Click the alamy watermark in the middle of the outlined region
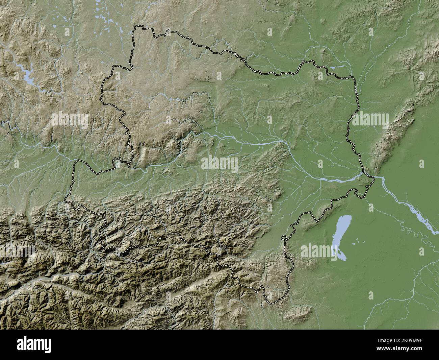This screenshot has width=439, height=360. tap(219, 164)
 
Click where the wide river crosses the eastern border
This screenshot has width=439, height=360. tap(366, 175)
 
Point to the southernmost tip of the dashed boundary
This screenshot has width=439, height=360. tap(270, 302)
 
